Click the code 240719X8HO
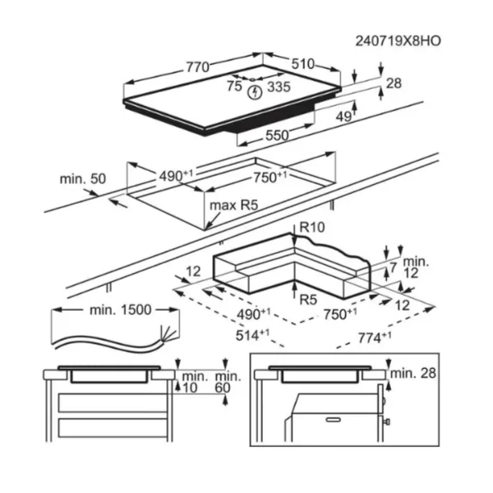(398, 41)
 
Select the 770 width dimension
(197, 67)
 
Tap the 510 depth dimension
(302, 64)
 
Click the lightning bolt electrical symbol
(255, 93)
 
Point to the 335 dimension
(279, 87)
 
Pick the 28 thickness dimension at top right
(394, 83)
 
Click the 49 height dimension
(343, 117)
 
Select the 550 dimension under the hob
(277, 136)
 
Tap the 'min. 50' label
(83, 179)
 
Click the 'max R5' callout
(233, 205)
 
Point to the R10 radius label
(312, 227)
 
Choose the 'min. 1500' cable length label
(121, 310)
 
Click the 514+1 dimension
(252, 335)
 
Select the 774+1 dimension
(375, 338)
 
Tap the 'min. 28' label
(413, 373)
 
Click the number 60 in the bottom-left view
(223, 388)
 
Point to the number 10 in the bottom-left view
(190, 388)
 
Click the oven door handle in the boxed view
(334, 420)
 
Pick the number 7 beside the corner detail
(394, 268)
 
